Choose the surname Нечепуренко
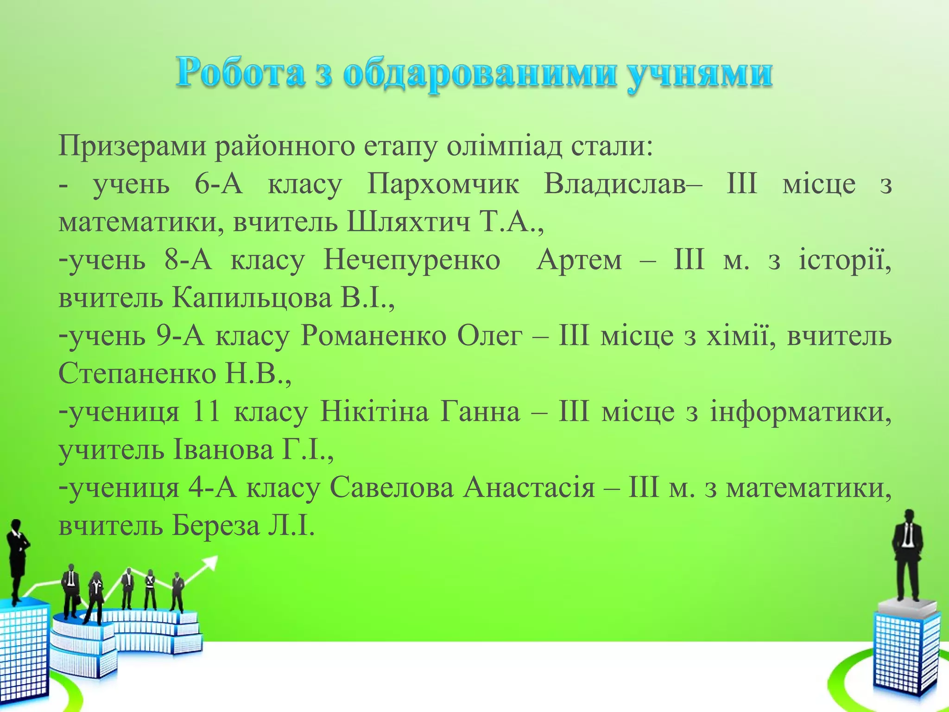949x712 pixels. click(x=411, y=260)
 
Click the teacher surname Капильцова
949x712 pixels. click(x=252, y=298)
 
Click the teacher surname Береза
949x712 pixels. click(x=216, y=526)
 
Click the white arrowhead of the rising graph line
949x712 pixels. click(x=211, y=563)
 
